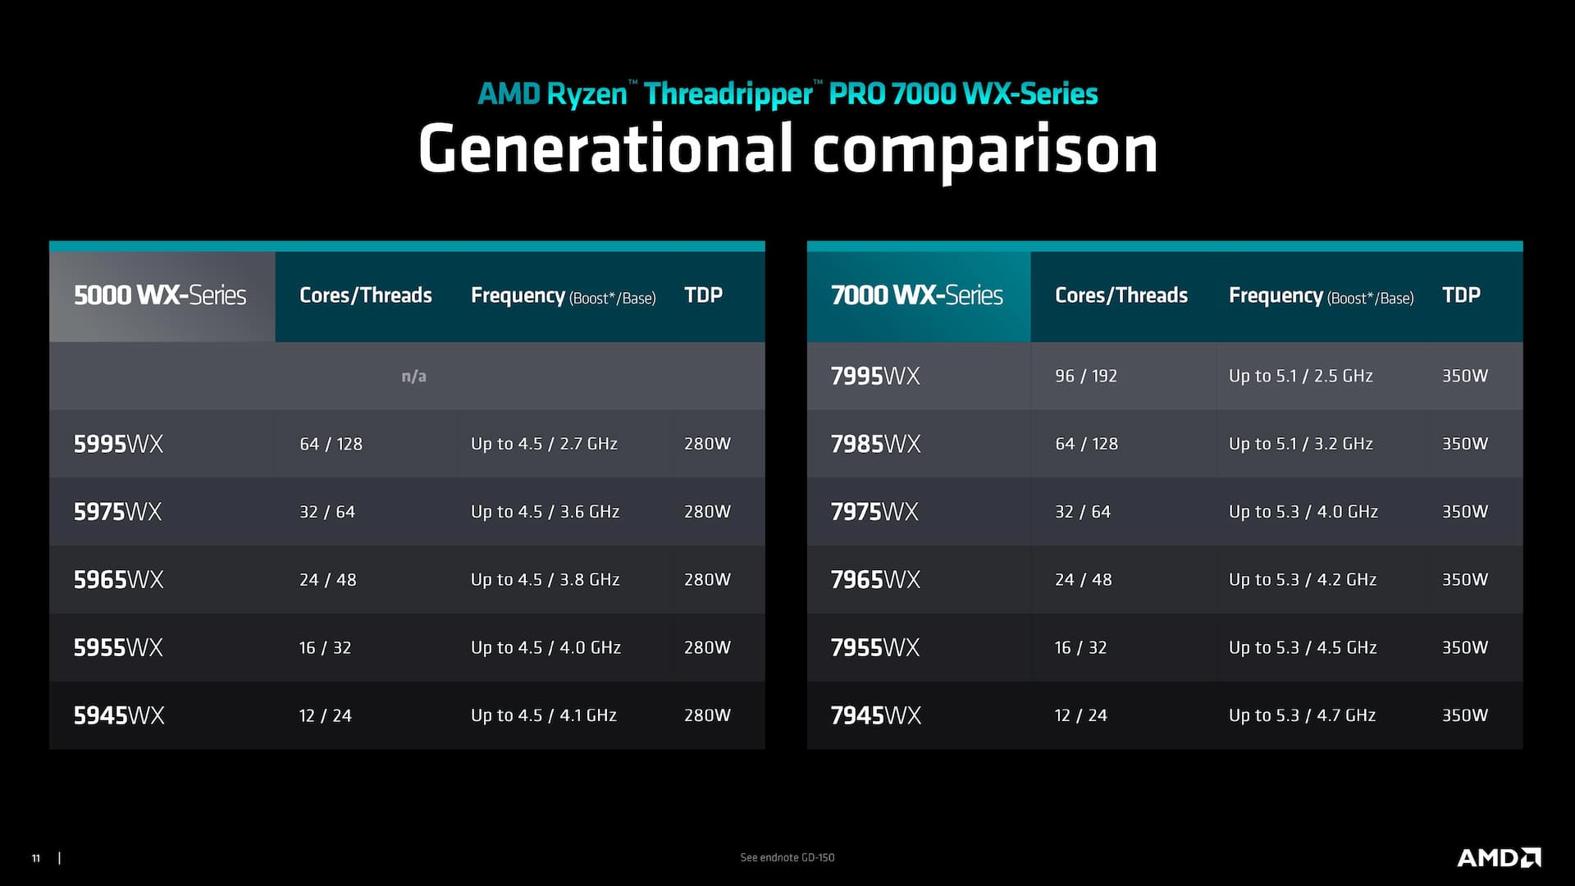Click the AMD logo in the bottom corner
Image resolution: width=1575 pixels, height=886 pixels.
(x=1499, y=858)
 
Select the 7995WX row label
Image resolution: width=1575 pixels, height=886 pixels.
(x=875, y=376)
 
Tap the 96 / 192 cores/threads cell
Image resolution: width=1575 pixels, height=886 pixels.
(x=1086, y=376)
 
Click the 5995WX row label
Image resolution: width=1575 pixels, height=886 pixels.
(x=118, y=444)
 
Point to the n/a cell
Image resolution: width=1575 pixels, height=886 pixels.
(x=413, y=377)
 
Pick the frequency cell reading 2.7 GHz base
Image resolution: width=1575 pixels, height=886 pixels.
(x=544, y=444)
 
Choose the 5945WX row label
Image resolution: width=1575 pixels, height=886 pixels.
(x=119, y=715)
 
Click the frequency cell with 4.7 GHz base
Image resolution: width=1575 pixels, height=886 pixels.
(x=1302, y=715)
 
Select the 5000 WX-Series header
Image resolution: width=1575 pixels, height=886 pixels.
(x=160, y=295)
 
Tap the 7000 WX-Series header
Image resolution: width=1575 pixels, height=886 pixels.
(x=916, y=295)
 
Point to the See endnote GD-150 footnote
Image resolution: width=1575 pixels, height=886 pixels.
(x=787, y=857)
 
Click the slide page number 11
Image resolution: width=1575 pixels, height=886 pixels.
(x=36, y=858)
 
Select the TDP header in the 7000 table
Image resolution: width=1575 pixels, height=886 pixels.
(x=1461, y=295)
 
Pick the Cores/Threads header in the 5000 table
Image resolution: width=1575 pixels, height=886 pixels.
(x=366, y=295)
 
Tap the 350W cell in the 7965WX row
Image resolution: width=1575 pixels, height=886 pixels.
(x=1465, y=580)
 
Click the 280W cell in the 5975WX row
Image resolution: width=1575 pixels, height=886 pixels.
(x=707, y=512)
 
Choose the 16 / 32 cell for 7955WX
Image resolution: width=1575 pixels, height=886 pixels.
(x=1080, y=648)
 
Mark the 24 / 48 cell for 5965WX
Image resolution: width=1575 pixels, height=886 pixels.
(x=327, y=580)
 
